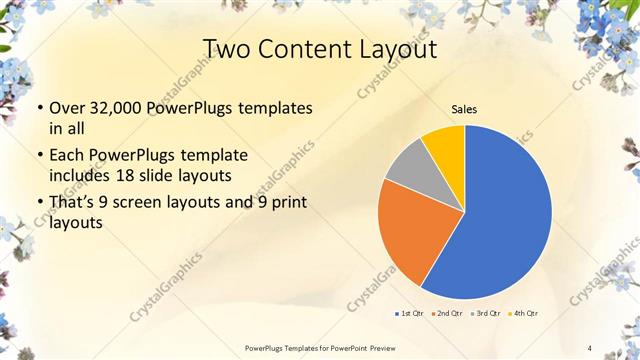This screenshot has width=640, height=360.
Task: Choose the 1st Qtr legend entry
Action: point(409,314)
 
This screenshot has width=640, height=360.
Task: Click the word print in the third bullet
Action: point(288,204)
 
